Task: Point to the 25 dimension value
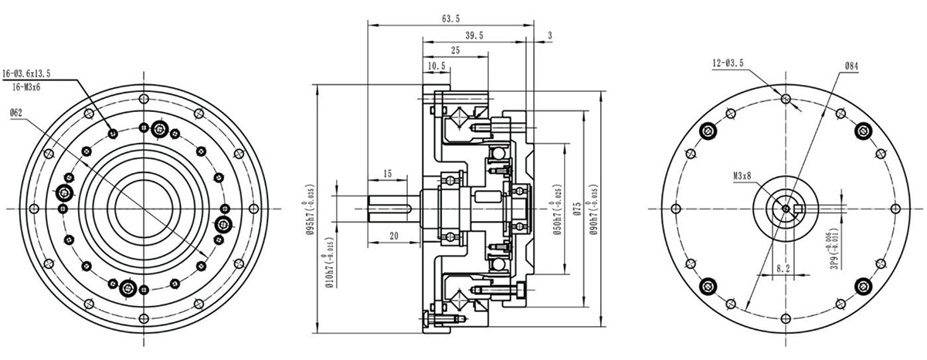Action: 456,50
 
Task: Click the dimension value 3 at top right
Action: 549,36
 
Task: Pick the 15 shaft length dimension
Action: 387,173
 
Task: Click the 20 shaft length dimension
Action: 393,236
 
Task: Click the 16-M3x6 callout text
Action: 27,87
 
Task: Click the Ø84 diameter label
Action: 851,67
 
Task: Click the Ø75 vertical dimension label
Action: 576,212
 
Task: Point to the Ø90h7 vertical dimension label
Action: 593,209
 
